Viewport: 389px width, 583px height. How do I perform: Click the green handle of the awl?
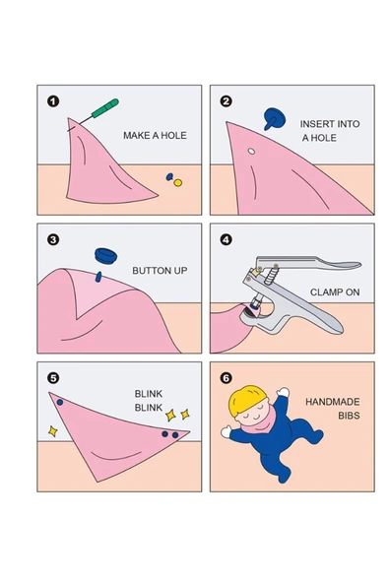(105, 108)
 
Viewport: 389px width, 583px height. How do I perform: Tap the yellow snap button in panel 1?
(178, 182)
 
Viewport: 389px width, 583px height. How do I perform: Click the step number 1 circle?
(53, 101)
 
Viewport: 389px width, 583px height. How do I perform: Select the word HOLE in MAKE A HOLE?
(174, 135)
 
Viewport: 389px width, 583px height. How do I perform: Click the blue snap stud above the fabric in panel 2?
(274, 118)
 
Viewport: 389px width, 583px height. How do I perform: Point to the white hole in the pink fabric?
(251, 152)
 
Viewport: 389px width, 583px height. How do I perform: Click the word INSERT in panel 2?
(314, 124)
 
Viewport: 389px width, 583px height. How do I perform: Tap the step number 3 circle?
(53, 240)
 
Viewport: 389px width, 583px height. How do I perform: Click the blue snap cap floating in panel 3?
(106, 255)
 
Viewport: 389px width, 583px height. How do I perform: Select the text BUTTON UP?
(160, 271)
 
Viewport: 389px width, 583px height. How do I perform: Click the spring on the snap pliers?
(272, 277)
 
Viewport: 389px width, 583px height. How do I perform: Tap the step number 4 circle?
(227, 240)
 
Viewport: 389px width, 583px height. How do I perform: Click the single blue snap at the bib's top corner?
(60, 403)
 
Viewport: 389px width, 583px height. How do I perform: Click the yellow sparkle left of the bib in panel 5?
(53, 431)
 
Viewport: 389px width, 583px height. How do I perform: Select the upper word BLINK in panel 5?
(149, 394)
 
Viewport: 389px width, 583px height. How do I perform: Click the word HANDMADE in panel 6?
(333, 402)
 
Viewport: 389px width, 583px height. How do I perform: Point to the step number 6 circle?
(227, 378)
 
